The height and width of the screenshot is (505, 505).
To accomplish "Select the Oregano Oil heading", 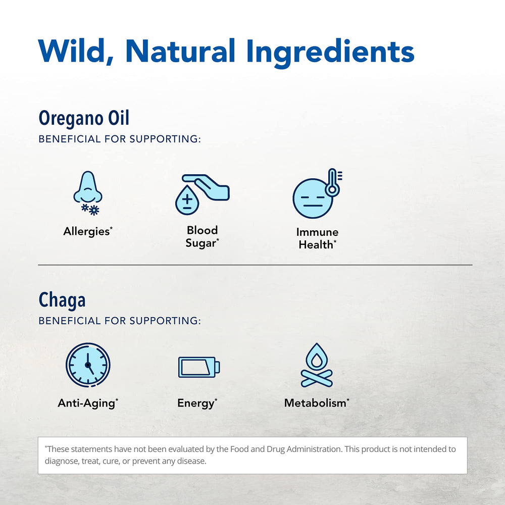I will point(84,118).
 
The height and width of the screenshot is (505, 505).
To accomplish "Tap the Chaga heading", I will point(62,300).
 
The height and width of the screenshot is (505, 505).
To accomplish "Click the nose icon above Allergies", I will point(87,188).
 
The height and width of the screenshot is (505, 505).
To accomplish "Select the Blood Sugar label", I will point(202,237).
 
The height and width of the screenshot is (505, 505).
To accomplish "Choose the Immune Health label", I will point(317,238).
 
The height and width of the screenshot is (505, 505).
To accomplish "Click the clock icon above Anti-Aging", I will point(88,365).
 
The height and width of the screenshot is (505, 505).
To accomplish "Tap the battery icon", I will point(199,367).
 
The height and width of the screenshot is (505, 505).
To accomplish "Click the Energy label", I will point(197,403).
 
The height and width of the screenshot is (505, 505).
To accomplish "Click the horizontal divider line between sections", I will point(255,265).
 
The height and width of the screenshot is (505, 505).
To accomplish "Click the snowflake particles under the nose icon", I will point(90,209).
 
